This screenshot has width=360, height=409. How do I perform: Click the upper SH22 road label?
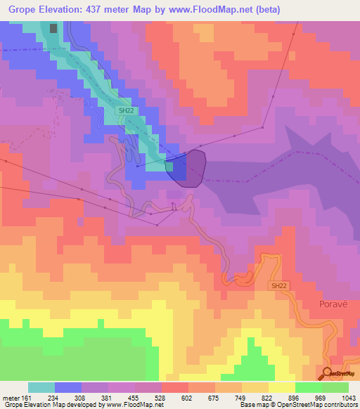point(124,110)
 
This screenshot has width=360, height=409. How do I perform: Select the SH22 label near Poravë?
point(279,285)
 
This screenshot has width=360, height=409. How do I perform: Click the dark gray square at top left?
point(54,28)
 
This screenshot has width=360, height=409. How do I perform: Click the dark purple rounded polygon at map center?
point(188,168)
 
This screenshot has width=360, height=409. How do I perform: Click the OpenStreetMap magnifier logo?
point(328,373)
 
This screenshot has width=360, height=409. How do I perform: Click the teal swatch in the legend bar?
point(41,387)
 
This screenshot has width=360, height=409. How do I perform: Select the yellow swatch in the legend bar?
point(281,387)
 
